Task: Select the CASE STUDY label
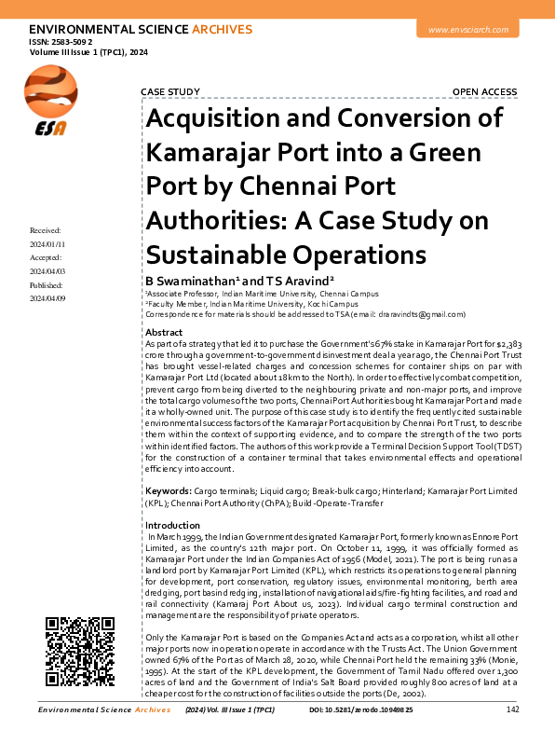click(x=169, y=91)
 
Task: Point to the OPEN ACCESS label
click(x=484, y=91)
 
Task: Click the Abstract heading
click(x=165, y=333)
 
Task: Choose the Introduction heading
click(x=173, y=526)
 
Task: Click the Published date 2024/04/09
click(x=47, y=298)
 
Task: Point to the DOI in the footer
click(x=382, y=710)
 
